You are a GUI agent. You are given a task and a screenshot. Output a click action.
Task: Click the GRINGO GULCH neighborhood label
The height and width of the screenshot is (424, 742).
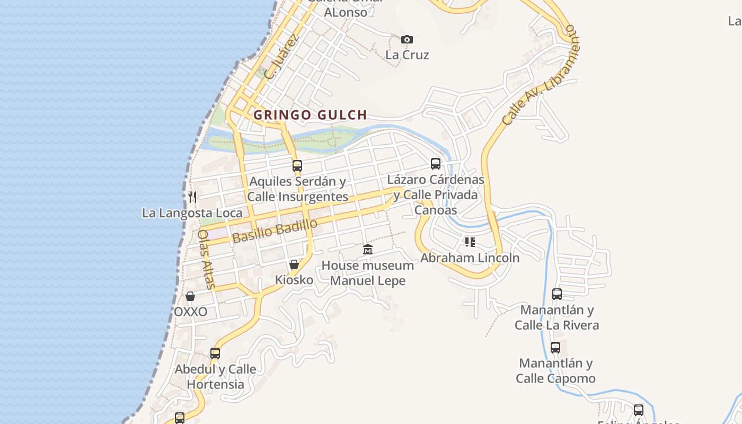(310, 115)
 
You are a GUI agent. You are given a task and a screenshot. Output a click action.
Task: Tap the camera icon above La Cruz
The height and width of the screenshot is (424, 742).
(407, 39)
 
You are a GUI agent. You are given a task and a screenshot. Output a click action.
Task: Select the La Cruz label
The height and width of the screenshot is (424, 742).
(407, 55)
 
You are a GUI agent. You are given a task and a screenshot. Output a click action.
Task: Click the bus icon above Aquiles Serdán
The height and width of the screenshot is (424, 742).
(297, 165)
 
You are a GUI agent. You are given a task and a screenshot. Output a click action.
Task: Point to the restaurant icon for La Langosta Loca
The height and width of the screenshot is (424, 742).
(192, 197)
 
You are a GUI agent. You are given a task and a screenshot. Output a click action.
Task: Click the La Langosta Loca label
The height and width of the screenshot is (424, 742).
(192, 213)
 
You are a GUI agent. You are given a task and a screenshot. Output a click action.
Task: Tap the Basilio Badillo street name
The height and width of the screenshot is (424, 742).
(275, 231)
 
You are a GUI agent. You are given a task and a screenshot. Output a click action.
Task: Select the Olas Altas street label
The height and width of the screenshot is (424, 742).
(206, 259)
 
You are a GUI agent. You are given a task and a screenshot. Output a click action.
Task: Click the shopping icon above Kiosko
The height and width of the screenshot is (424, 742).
(294, 264)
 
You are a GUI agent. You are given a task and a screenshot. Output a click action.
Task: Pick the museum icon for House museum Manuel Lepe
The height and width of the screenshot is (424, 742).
(368, 250)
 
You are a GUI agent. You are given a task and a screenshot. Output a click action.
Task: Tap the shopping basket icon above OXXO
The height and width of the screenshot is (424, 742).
(190, 296)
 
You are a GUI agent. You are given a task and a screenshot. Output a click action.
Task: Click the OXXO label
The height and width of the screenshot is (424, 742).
(190, 312)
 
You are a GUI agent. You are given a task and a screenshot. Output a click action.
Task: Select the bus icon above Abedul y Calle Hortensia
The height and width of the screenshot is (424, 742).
(215, 353)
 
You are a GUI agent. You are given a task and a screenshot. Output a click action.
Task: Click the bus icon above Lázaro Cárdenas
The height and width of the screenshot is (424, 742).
(436, 164)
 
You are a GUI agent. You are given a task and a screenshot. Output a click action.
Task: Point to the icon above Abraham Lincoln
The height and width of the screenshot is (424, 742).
(470, 242)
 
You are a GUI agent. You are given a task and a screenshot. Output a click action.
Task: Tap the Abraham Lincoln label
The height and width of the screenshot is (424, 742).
(470, 258)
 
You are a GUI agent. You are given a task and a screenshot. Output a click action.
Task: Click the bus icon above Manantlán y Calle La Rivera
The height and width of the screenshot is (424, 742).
(557, 294)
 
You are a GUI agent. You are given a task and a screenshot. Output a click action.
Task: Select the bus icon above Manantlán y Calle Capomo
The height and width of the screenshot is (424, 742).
(555, 348)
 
